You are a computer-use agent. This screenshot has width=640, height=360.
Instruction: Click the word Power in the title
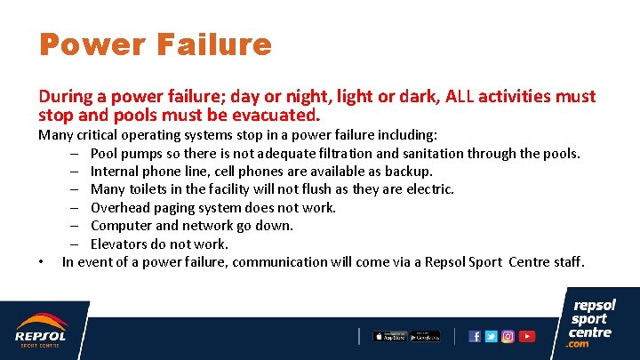pos(84,44)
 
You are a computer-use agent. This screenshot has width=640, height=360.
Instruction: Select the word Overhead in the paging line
pos(125,207)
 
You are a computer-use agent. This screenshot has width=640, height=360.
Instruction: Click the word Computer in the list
pos(122,226)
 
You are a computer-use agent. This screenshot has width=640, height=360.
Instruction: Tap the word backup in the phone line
pos(409,171)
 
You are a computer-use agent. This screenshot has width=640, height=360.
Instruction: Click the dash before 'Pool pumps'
pos(78,153)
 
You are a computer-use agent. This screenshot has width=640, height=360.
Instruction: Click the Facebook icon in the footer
pos(475,337)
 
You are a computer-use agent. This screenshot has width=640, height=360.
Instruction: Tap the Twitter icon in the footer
pos(491,337)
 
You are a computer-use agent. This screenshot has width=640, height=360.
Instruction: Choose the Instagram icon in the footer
pos(508,337)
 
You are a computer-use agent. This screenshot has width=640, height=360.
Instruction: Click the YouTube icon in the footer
pos(527,337)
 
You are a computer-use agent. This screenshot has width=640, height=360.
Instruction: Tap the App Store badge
pos(389,336)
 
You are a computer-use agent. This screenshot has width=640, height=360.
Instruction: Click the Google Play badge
pos(425,336)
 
